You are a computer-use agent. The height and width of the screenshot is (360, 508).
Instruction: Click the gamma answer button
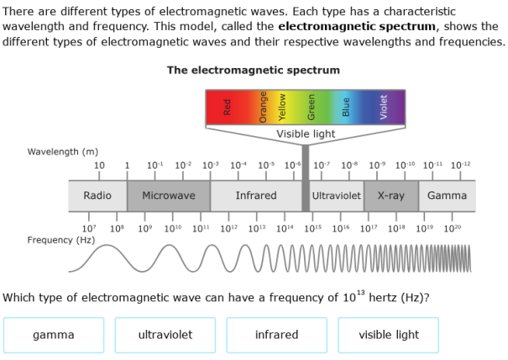coord(54,335)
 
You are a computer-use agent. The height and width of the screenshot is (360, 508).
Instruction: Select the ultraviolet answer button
coord(165,335)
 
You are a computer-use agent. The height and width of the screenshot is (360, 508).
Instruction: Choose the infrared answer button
coord(276,335)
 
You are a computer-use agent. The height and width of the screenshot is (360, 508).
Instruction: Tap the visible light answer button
coord(389,335)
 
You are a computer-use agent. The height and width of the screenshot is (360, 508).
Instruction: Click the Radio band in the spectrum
coord(97,196)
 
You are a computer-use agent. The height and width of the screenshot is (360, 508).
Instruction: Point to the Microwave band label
coord(168,196)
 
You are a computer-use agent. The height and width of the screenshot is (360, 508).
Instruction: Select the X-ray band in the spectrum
coord(390,196)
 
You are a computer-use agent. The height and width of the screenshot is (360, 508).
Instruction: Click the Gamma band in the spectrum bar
coord(447,196)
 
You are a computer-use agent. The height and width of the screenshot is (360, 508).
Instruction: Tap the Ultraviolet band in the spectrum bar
coord(336,196)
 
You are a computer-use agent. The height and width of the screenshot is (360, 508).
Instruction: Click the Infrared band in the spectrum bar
coord(256,196)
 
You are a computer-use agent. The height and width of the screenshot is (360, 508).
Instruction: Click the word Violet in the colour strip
coord(384,107)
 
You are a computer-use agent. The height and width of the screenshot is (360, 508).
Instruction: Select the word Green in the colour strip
coord(312,107)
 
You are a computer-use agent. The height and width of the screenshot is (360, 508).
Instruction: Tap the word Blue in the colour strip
coord(346,107)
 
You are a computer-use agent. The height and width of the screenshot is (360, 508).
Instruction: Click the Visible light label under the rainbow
coord(306,134)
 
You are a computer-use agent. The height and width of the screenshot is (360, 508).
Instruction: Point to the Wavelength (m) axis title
coord(63,152)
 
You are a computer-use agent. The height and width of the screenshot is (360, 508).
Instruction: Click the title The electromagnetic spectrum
coord(254,70)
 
